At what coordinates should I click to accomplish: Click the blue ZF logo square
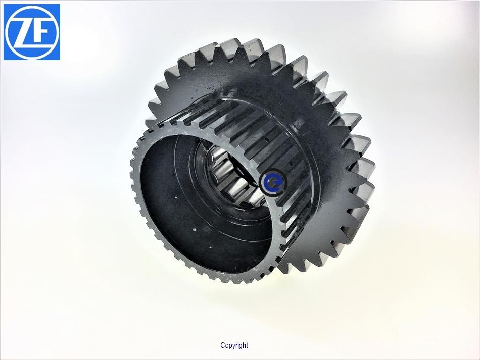(x=32, y=32)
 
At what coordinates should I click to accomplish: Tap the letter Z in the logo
(x=23, y=32)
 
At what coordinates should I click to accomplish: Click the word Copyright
(x=234, y=346)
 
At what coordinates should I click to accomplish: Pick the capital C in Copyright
(x=223, y=345)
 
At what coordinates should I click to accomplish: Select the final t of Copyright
(x=247, y=345)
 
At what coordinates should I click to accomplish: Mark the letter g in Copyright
(x=241, y=346)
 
